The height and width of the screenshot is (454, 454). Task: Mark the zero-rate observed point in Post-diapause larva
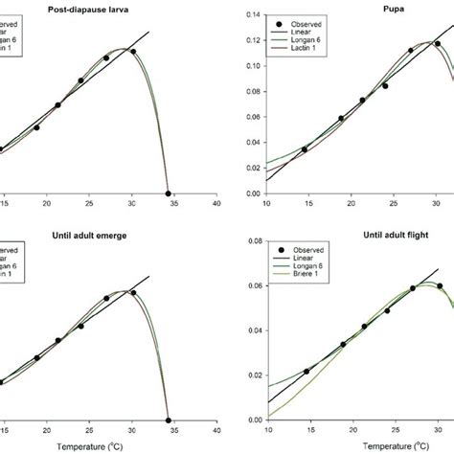point(169,193)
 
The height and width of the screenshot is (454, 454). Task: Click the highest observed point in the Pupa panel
point(437,44)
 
